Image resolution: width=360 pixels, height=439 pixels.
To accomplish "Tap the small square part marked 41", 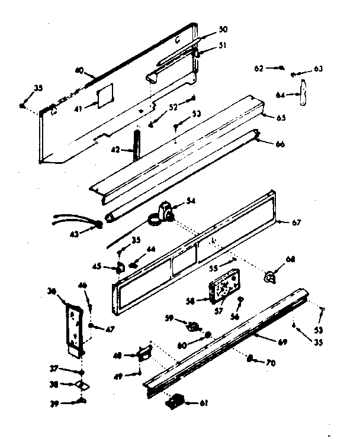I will click(104, 93).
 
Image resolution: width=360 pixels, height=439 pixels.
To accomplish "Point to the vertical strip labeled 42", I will click(137, 146).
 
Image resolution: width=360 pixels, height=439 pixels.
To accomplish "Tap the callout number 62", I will click(259, 68).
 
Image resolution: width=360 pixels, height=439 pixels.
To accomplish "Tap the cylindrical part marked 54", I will click(164, 211).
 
